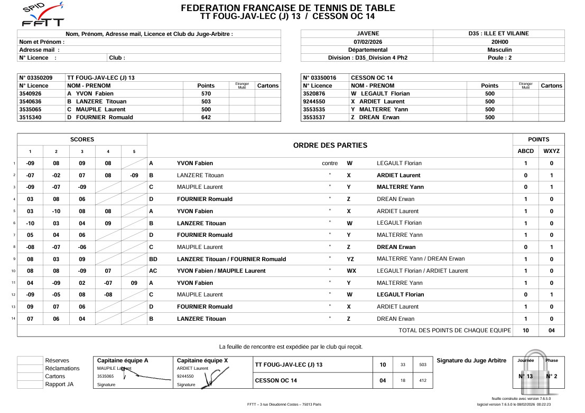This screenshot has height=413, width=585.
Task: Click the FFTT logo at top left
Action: point(43,15)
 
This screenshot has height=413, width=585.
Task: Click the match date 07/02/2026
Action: point(367,42)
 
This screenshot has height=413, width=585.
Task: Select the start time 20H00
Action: point(499,42)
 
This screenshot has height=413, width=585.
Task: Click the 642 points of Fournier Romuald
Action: point(206,117)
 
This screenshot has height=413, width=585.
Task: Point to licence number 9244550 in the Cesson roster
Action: point(314,101)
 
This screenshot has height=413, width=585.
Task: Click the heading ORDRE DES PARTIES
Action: point(330,145)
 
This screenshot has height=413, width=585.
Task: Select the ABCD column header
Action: point(525,151)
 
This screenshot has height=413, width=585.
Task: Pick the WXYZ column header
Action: point(551,151)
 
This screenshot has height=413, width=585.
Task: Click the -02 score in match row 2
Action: point(56,175)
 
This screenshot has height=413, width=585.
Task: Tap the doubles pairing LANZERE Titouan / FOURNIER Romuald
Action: point(231,259)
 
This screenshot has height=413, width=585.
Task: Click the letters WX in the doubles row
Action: point(351,271)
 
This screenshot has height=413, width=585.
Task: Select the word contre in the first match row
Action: point(330,163)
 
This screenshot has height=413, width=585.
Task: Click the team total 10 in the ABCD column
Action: point(525,330)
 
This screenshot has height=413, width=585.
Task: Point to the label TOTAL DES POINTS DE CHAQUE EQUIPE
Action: point(454,330)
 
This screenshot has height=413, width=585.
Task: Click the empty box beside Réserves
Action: point(30,361)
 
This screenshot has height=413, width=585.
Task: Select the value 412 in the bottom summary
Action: point(422,380)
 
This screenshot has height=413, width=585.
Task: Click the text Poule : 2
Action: point(499,57)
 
